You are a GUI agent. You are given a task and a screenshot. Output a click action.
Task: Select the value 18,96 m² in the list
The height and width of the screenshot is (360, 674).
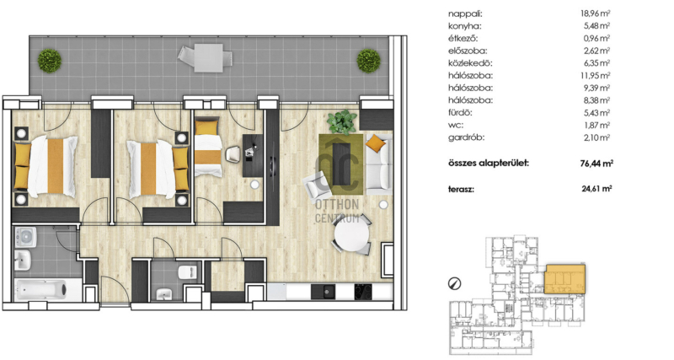pos(596,13)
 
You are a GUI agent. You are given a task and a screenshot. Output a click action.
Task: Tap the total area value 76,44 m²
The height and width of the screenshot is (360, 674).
pos(596,164)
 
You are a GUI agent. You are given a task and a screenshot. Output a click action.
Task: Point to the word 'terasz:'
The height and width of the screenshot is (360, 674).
pos(461,189)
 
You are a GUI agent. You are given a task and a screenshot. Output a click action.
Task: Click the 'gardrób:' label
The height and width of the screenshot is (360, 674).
pos(467,138)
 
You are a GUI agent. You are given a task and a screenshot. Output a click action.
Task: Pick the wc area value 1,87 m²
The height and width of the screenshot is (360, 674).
pos(596,125)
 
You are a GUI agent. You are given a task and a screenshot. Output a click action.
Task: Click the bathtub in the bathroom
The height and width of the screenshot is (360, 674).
pos(41,289)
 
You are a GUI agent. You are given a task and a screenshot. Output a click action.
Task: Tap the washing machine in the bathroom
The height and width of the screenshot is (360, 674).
pos(25,238)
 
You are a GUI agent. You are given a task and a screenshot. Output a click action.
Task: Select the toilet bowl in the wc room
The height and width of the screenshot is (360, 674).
pos(187,271)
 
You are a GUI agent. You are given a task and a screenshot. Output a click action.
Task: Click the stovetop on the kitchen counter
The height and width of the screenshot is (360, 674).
pos(366,292)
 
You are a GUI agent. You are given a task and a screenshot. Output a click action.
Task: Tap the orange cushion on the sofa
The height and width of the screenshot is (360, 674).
pos(375,143)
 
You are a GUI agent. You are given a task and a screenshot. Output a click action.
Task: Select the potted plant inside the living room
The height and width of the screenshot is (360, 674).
pos(342,121)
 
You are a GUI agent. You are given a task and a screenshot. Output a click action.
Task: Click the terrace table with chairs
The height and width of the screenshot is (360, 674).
pos(206,57)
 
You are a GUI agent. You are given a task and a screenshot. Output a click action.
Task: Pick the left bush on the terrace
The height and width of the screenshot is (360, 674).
pos(50,61)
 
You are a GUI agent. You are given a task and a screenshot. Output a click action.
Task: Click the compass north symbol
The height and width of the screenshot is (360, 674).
pos(454,283)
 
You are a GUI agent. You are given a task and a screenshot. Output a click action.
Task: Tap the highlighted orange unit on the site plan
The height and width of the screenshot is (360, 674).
pos(564,279)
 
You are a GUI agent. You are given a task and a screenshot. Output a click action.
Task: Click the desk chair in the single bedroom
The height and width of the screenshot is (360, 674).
pos(233,154)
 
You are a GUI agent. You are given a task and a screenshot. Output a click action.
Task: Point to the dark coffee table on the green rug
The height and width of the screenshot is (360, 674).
pos(342,164)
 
